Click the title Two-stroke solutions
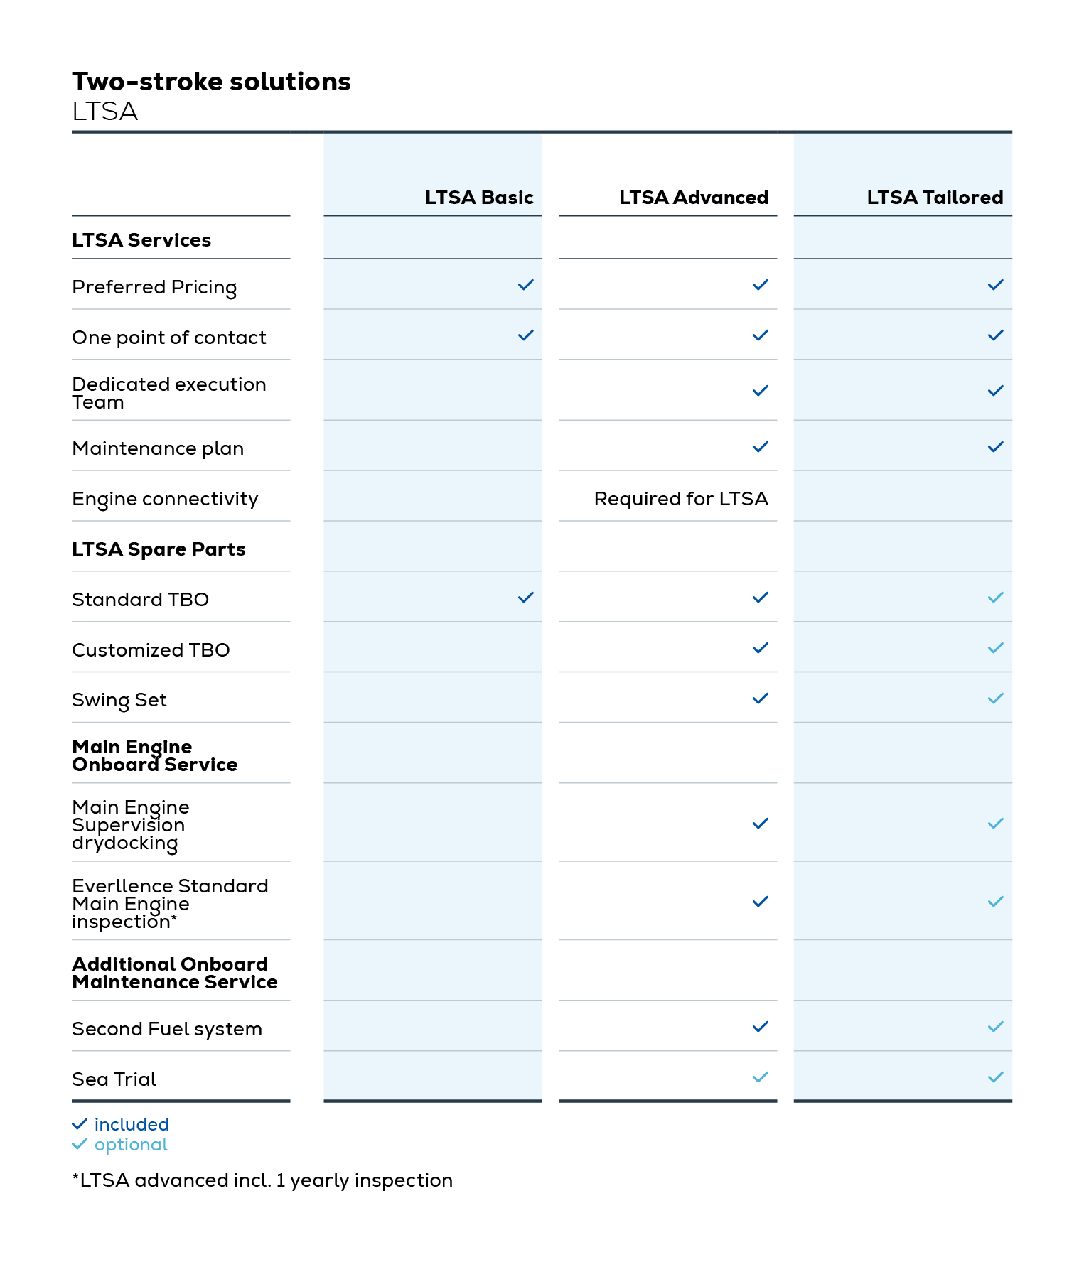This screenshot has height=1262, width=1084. (x=211, y=82)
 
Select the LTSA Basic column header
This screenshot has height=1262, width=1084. (x=478, y=198)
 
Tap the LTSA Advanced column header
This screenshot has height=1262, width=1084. (x=693, y=198)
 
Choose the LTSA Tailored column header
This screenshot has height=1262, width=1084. (x=934, y=198)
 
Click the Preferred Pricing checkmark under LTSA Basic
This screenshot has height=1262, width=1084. (x=525, y=285)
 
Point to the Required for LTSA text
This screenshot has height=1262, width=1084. (x=680, y=499)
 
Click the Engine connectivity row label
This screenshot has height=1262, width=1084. (x=165, y=500)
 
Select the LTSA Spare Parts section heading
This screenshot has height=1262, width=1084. (x=159, y=549)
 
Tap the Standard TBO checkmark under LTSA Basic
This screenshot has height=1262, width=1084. (x=525, y=598)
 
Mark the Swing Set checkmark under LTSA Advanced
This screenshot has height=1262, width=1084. (x=760, y=699)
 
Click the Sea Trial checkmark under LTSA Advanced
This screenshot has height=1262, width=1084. (x=760, y=1077)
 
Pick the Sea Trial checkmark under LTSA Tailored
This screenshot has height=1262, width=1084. (x=995, y=1077)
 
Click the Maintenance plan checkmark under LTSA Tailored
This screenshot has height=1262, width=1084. (x=995, y=447)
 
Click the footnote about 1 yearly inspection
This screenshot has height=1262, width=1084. (x=262, y=1180)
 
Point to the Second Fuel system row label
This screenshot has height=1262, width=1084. (x=167, y=1029)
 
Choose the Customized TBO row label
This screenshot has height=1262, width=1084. (x=151, y=650)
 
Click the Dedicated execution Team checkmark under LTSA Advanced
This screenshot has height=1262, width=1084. (x=760, y=391)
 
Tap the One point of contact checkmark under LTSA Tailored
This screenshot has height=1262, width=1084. (x=995, y=335)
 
